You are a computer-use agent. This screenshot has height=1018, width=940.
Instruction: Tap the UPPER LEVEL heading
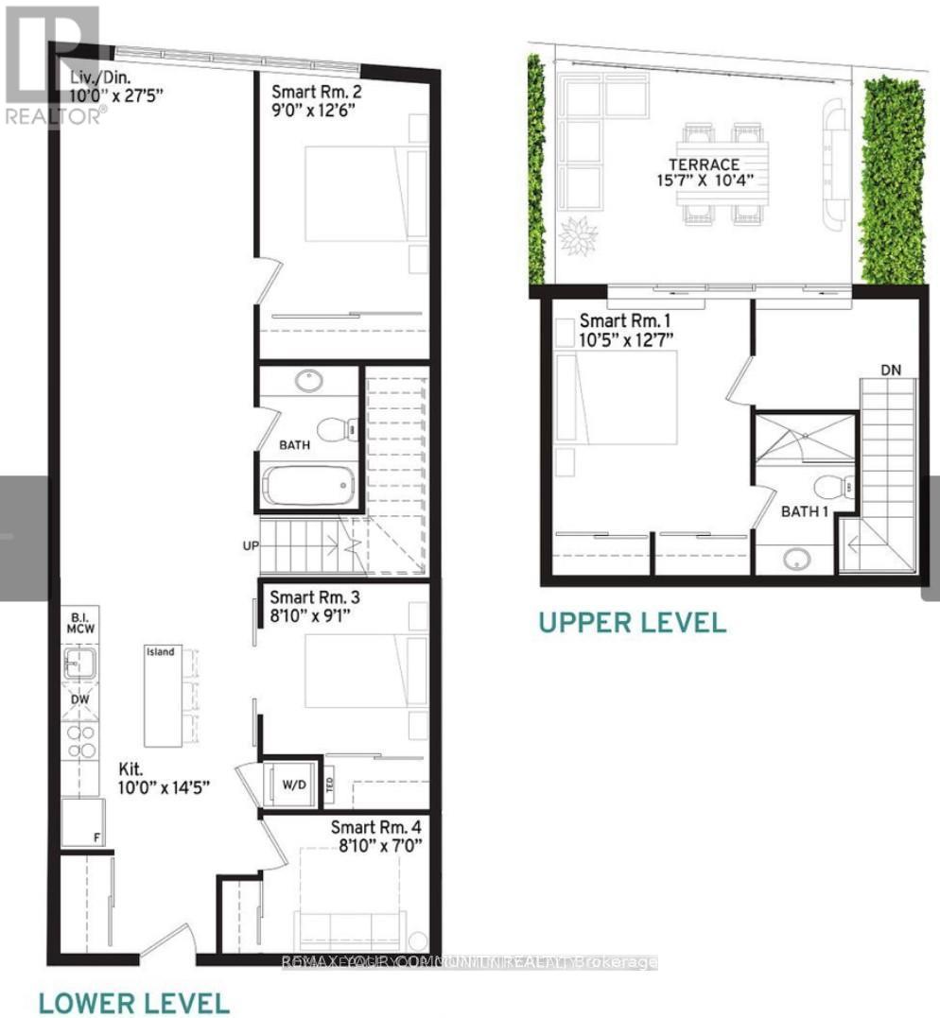click(632, 622)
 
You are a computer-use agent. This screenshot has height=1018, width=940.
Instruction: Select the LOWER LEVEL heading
click(133, 1002)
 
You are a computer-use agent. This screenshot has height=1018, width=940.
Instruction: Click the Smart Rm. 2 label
click(316, 93)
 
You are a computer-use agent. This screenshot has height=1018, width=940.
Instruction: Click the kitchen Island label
click(159, 651)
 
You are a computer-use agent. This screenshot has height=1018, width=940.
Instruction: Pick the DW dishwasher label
click(80, 700)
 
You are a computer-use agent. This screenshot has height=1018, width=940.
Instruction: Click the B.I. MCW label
click(79, 625)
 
